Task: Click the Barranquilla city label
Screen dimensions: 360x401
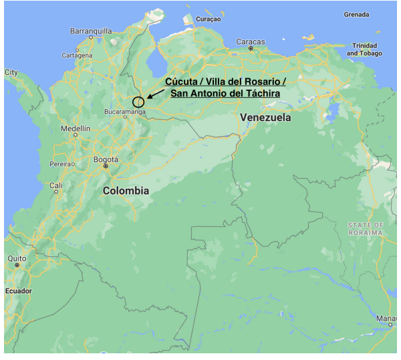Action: tap(92, 31)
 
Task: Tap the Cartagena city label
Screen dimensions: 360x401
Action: tap(77, 55)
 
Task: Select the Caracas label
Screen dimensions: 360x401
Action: tap(251, 41)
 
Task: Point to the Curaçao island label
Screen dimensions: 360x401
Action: tap(207, 19)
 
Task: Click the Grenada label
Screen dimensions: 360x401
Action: tap(356, 14)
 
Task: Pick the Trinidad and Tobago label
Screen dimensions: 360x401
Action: tap(364, 50)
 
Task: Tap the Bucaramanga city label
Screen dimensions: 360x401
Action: tap(124, 112)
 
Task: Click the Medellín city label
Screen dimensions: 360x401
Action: tap(75, 128)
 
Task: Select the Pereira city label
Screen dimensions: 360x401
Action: tap(62, 164)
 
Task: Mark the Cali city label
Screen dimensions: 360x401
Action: tap(56, 185)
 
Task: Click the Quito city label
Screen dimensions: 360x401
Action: tap(17, 258)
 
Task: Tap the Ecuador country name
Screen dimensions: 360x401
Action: tap(18, 291)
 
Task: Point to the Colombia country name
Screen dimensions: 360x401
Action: tap(126, 191)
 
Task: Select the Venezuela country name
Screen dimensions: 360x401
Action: tap(265, 117)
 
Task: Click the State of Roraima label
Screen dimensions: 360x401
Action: tap(365, 229)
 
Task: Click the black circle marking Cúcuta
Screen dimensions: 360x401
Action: tap(138, 102)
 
